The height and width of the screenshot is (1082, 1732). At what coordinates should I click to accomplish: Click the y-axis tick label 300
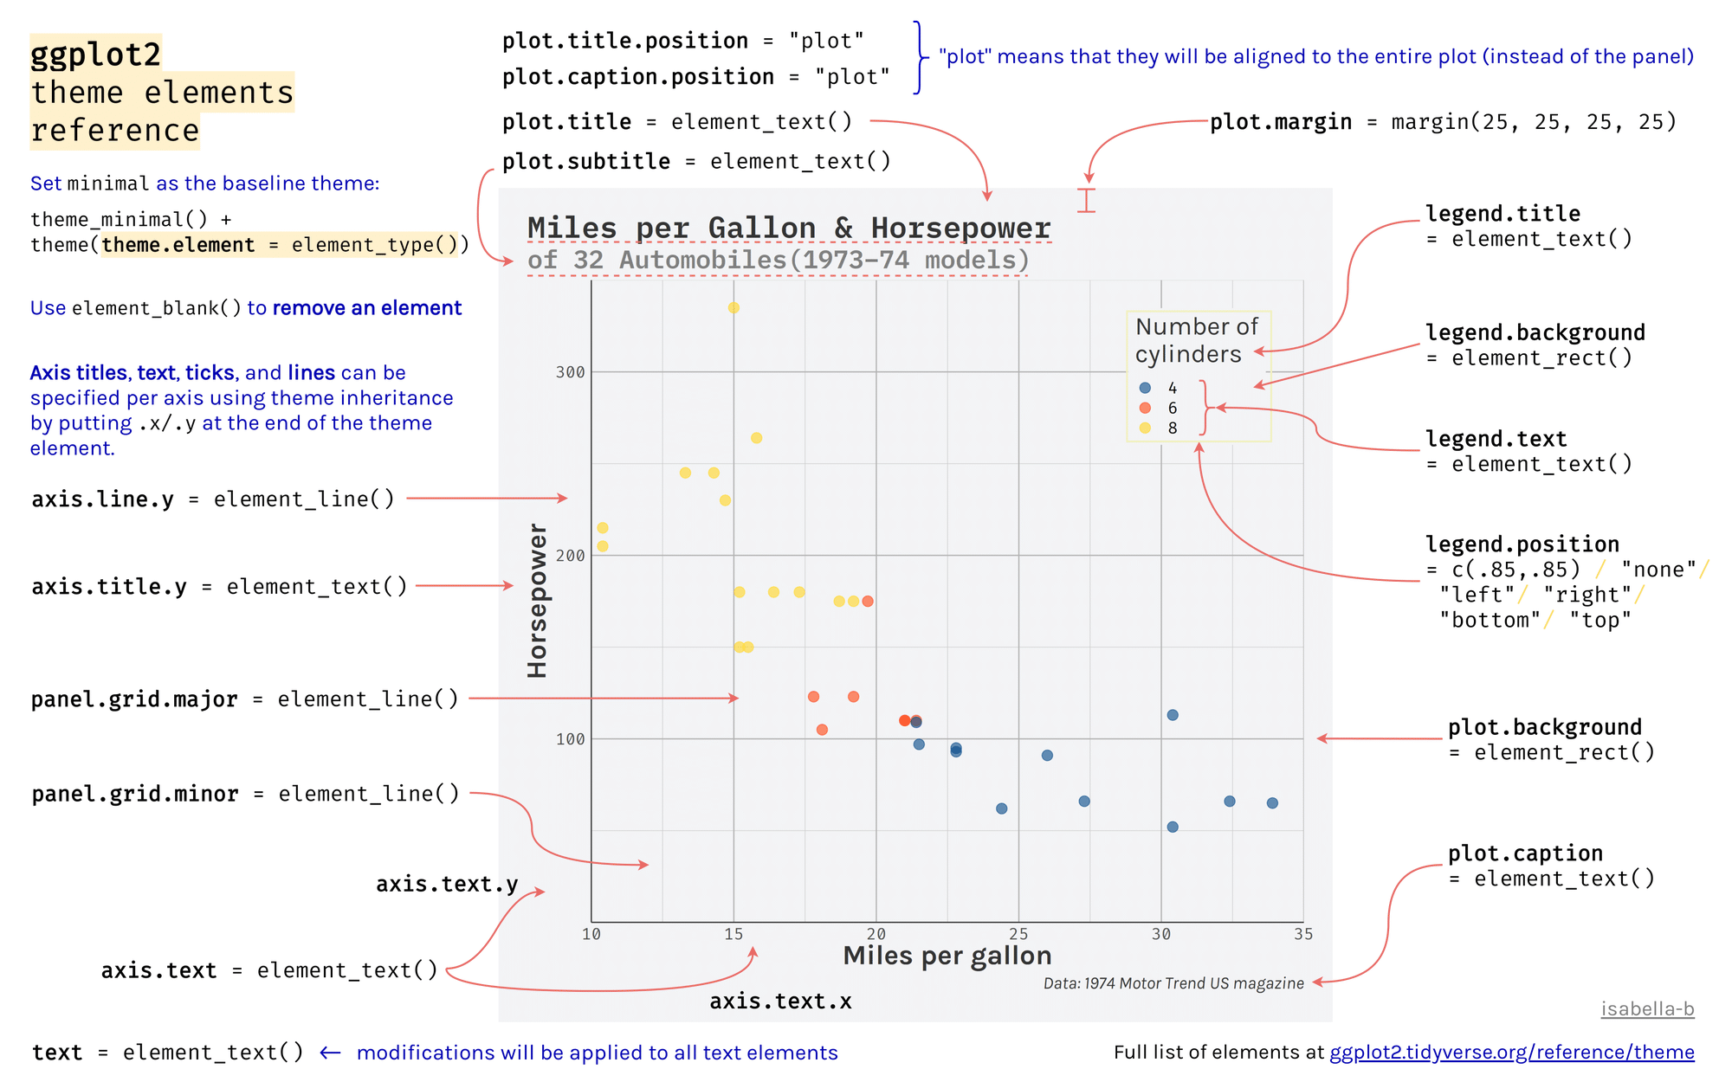click(570, 372)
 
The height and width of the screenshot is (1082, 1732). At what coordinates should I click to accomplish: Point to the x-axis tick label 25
click(1018, 934)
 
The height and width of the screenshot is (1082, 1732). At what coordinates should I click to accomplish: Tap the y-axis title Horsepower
click(538, 601)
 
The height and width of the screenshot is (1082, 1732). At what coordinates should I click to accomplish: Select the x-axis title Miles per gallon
click(947, 956)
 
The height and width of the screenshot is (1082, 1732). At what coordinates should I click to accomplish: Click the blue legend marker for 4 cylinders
click(1145, 388)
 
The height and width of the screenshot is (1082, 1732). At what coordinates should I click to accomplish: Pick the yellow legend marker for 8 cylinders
click(1145, 428)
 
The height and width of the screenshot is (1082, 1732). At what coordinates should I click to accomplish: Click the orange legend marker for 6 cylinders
click(1145, 408)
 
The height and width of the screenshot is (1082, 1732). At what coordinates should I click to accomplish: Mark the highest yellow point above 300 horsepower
click(734, 307)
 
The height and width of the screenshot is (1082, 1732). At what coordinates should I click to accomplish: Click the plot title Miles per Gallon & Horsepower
click(789, 228)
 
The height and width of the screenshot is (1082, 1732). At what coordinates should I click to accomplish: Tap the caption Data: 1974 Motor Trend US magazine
click(1173, 983)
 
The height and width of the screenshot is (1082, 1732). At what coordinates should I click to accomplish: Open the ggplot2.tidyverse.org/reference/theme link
click(1511, 1053)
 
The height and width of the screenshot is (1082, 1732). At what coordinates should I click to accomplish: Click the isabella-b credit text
click(1647, 1009)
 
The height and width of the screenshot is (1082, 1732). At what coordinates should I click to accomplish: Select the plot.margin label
click(1281, 122)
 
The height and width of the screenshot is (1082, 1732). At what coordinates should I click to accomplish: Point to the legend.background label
click(1535, 333)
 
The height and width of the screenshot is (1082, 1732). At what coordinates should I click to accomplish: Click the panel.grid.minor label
click(135, 794)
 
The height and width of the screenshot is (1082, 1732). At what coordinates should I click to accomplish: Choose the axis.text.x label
click(780, 1001)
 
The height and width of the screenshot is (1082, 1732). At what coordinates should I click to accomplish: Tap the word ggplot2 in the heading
click(96, 55)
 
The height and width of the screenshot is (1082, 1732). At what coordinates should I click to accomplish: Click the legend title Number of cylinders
click(1196, 340)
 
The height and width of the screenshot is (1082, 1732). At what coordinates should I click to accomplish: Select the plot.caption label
click(1525, 853)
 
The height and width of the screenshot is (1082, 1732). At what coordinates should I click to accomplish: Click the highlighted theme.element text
click(178, 245)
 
